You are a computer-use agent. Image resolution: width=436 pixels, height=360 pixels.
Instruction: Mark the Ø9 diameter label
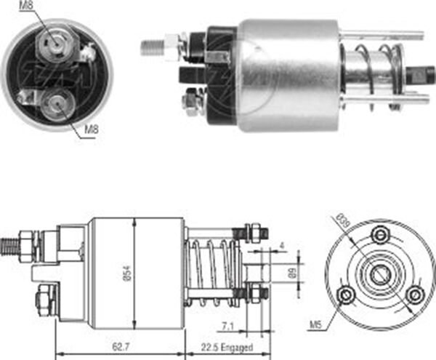pyautogui.click(x=291, y=274)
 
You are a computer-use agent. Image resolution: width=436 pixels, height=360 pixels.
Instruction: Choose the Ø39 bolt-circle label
pyautogui.click(x=340, y=220)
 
